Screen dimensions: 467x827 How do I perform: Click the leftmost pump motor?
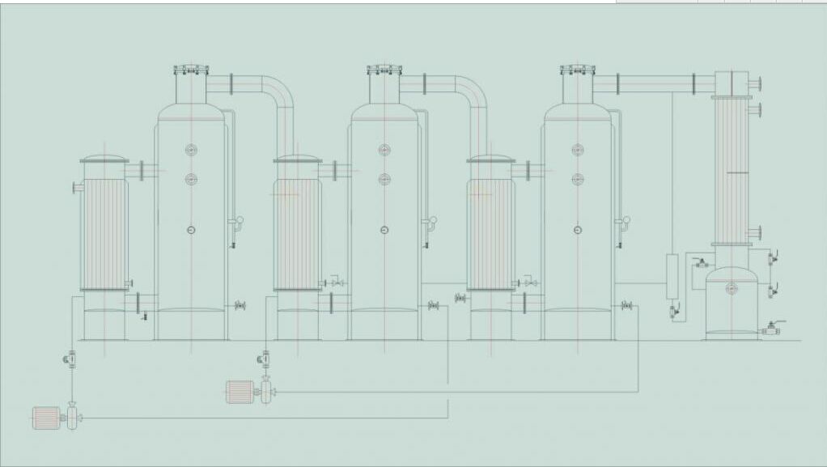[46, 418]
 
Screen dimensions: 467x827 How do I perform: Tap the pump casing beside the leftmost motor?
[72, 418]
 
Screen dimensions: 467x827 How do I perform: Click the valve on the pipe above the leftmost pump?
[71, 356]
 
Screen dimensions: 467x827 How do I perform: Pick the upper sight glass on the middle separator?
[384, 150]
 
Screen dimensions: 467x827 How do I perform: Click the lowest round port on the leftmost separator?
[191, 230]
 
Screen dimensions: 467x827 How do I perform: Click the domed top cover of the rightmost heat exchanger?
[490, 159]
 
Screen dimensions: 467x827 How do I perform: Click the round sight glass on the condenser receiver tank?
[732, 287]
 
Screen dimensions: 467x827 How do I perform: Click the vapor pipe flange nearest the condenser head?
[695, 83]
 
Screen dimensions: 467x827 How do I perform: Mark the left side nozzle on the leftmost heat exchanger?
[78, 188]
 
